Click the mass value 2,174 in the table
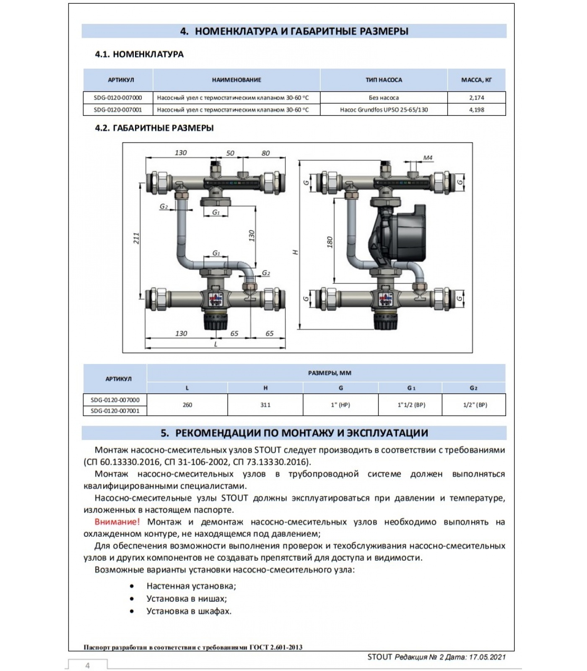tap(476, 98)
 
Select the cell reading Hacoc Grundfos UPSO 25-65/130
tap(384, 110)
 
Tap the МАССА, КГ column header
tap(476, 80)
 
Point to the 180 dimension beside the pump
tap(330, 242)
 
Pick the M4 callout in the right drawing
tap(428, 158)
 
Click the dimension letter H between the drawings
tap(296, 252)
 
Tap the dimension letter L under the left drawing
tap(216, 344)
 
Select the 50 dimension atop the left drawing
tap(230, 153)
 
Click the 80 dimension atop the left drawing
tap(265, 153)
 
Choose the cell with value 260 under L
tap(187, 405)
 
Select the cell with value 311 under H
tap(265, 405)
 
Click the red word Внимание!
tap(117, 522)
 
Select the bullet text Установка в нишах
tap(187, 598)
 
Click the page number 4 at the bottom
tap(87, 666)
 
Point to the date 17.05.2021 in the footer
tap(486, 657)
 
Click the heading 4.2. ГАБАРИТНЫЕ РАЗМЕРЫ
tap(154, 128)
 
